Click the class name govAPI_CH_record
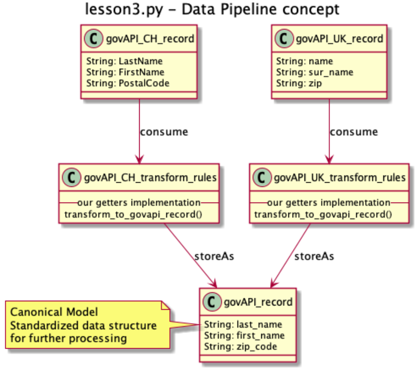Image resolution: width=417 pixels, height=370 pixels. coord(150,38)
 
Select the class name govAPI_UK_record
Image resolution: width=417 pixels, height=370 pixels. coord(339,38)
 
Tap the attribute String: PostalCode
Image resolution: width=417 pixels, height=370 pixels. coord(128,83)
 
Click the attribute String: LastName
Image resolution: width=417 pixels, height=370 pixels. coord(124,61)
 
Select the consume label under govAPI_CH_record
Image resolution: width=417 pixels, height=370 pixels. coord(163,131)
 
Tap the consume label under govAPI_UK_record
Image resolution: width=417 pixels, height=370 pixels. coord(354,131)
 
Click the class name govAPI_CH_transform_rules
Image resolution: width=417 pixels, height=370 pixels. coord(151,178)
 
